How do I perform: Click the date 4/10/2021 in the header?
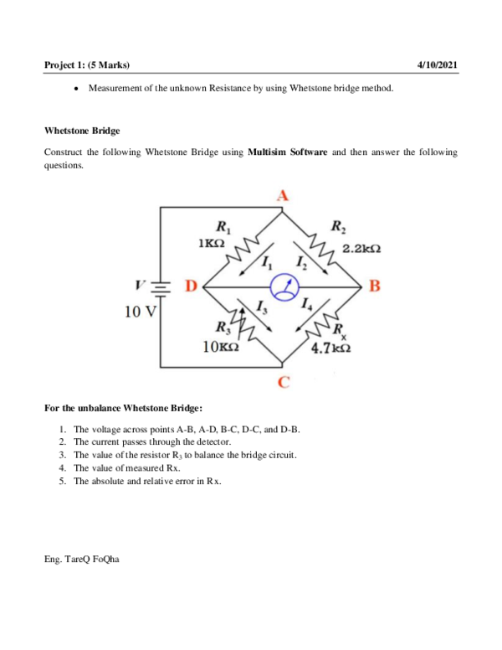pyautogui.click(x=437, y=65)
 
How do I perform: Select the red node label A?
pyautogui.click(x=283, y=195)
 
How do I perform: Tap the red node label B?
pyautogui.click(x=373, y=287)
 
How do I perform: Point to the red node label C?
pyautogui.click(x=284, y=384)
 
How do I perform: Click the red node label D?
pyautogui.click(x=191, y=288)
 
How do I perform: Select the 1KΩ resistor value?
pyautogui.click(x=212, y=242)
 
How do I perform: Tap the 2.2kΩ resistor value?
pyautogui.click(x=361, y=249)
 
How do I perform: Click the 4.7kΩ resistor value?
pyautogui.click(x=330, y=348)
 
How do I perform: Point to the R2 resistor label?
pyautogui.click(x=340, y=226)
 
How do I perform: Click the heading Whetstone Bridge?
pyautogui.click(x=81, y=131)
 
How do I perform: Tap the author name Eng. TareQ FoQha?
pyautogui.click(x=81, y=557)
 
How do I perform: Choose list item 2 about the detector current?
pyautogui.click(x=152, y=441)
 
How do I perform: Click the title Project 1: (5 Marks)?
pyautogui.click(x=86, y=65)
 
